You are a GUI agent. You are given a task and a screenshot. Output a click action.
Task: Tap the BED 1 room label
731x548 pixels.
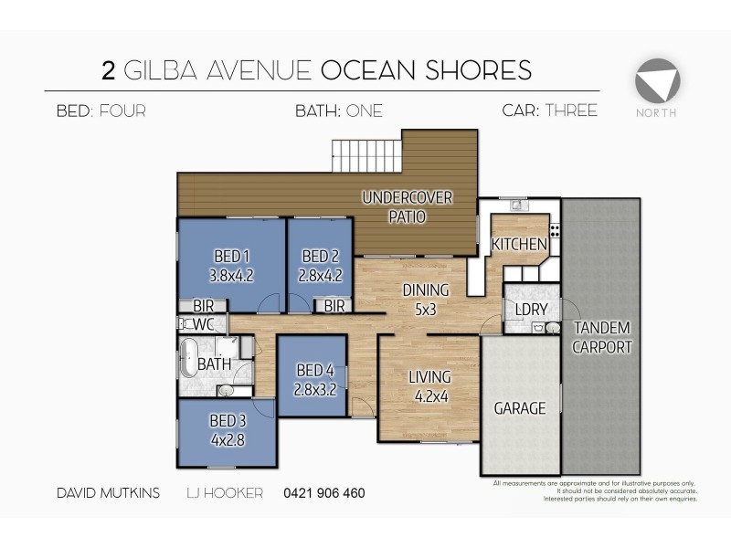[x=231, y=256]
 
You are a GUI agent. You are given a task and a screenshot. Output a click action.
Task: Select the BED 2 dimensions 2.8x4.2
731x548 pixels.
[x=320, y=273]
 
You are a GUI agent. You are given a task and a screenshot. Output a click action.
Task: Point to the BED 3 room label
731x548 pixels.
[x=228, y=421]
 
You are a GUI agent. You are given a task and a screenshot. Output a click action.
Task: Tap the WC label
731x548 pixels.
[x=203, y=324]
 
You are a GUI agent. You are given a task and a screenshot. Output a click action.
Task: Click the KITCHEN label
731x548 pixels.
[x=519, y=245]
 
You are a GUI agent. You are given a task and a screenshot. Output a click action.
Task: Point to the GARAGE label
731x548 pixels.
[x=520, y=408]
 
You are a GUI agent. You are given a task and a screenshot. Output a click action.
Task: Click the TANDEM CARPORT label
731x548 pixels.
[x=601, y=337]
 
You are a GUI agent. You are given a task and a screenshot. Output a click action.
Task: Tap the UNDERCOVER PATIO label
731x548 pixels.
[x=407, y=207]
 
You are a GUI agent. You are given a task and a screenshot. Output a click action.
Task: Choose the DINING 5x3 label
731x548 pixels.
[x=425, y=300]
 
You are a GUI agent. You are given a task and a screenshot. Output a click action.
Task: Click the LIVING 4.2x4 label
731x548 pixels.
[x=429, y=385]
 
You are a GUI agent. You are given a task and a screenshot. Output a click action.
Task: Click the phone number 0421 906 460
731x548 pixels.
[x=324, y=493]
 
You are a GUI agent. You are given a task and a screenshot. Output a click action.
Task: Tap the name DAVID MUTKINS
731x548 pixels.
[x=107, y=493]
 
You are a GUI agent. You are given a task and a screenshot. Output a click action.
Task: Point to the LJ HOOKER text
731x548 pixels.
[x=224, y=493]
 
